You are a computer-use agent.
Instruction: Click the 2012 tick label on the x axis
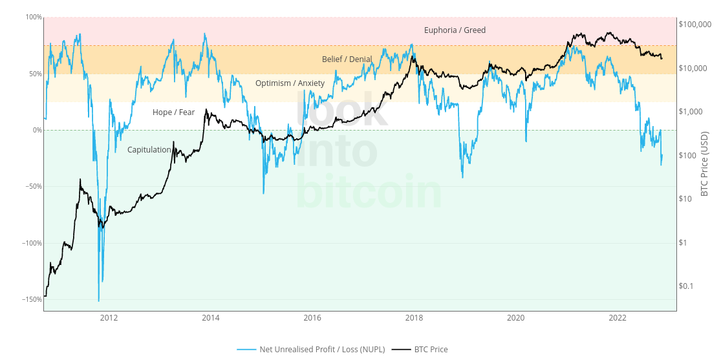(x=109, y=318)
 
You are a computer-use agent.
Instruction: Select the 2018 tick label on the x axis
(x=414, y=318)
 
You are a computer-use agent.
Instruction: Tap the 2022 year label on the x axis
(x=618, y=318)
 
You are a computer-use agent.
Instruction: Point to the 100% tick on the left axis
(x=34, y=17)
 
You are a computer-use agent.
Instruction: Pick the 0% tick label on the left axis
(x=37, y=130)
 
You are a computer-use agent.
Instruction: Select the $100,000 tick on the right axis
(x=694, y=25)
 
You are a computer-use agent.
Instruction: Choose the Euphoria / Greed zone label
(x=455, y=30)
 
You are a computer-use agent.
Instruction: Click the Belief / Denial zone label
(x=347, y=59)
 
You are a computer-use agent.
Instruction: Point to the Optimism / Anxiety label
(x=290, y=83)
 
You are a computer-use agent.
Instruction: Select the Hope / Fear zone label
(x=173, y=112)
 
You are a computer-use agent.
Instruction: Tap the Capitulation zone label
(x=149, y=150)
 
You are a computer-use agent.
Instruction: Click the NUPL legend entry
(x=321, y=350)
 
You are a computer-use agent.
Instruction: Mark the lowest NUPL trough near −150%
(x=98, y=301)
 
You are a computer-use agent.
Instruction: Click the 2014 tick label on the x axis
(x=210, y=318)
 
